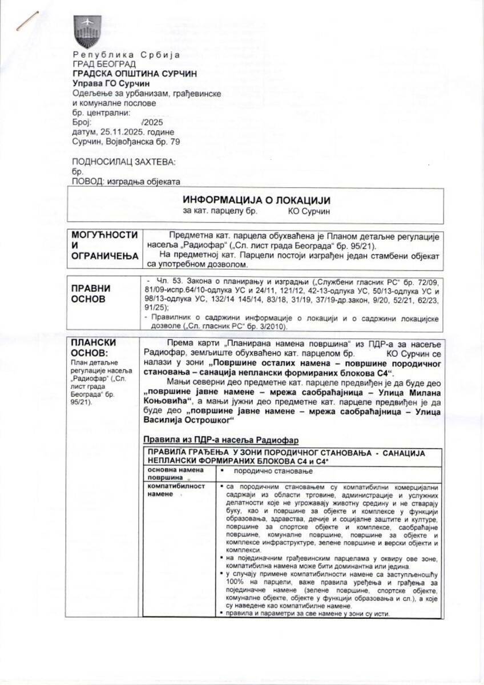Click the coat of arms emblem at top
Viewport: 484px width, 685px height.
pyautogui.click(x=87, y=32)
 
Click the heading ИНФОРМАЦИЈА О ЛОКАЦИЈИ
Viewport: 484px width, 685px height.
pyautogui.click(x=256, y=200)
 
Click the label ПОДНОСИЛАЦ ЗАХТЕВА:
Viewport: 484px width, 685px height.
pyautogui.click(x=124, y=162)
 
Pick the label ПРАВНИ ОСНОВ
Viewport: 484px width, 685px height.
pyautogui.click(x=91, y=294)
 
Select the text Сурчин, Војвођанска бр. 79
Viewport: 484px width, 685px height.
pyautogui.click(x=126, y=142)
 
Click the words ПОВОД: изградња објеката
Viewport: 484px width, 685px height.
pyautogui.click(x=126, y=181)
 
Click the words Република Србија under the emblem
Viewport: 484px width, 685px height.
pyautogui.click(x=126, y=55)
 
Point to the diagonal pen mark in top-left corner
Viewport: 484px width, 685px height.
pyautogui.click(x=27, y=21)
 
